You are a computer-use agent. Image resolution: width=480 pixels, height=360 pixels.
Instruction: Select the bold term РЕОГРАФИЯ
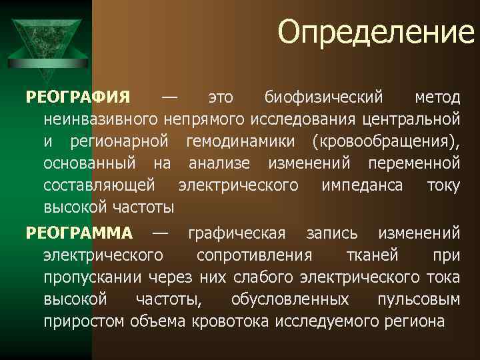click(78, 99)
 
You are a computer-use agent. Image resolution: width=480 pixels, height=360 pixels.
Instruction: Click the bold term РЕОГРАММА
click(79, 233)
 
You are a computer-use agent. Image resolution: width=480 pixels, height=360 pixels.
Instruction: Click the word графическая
click(237, 233)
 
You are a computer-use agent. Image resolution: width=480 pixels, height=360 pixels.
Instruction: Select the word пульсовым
click(418, 299)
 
